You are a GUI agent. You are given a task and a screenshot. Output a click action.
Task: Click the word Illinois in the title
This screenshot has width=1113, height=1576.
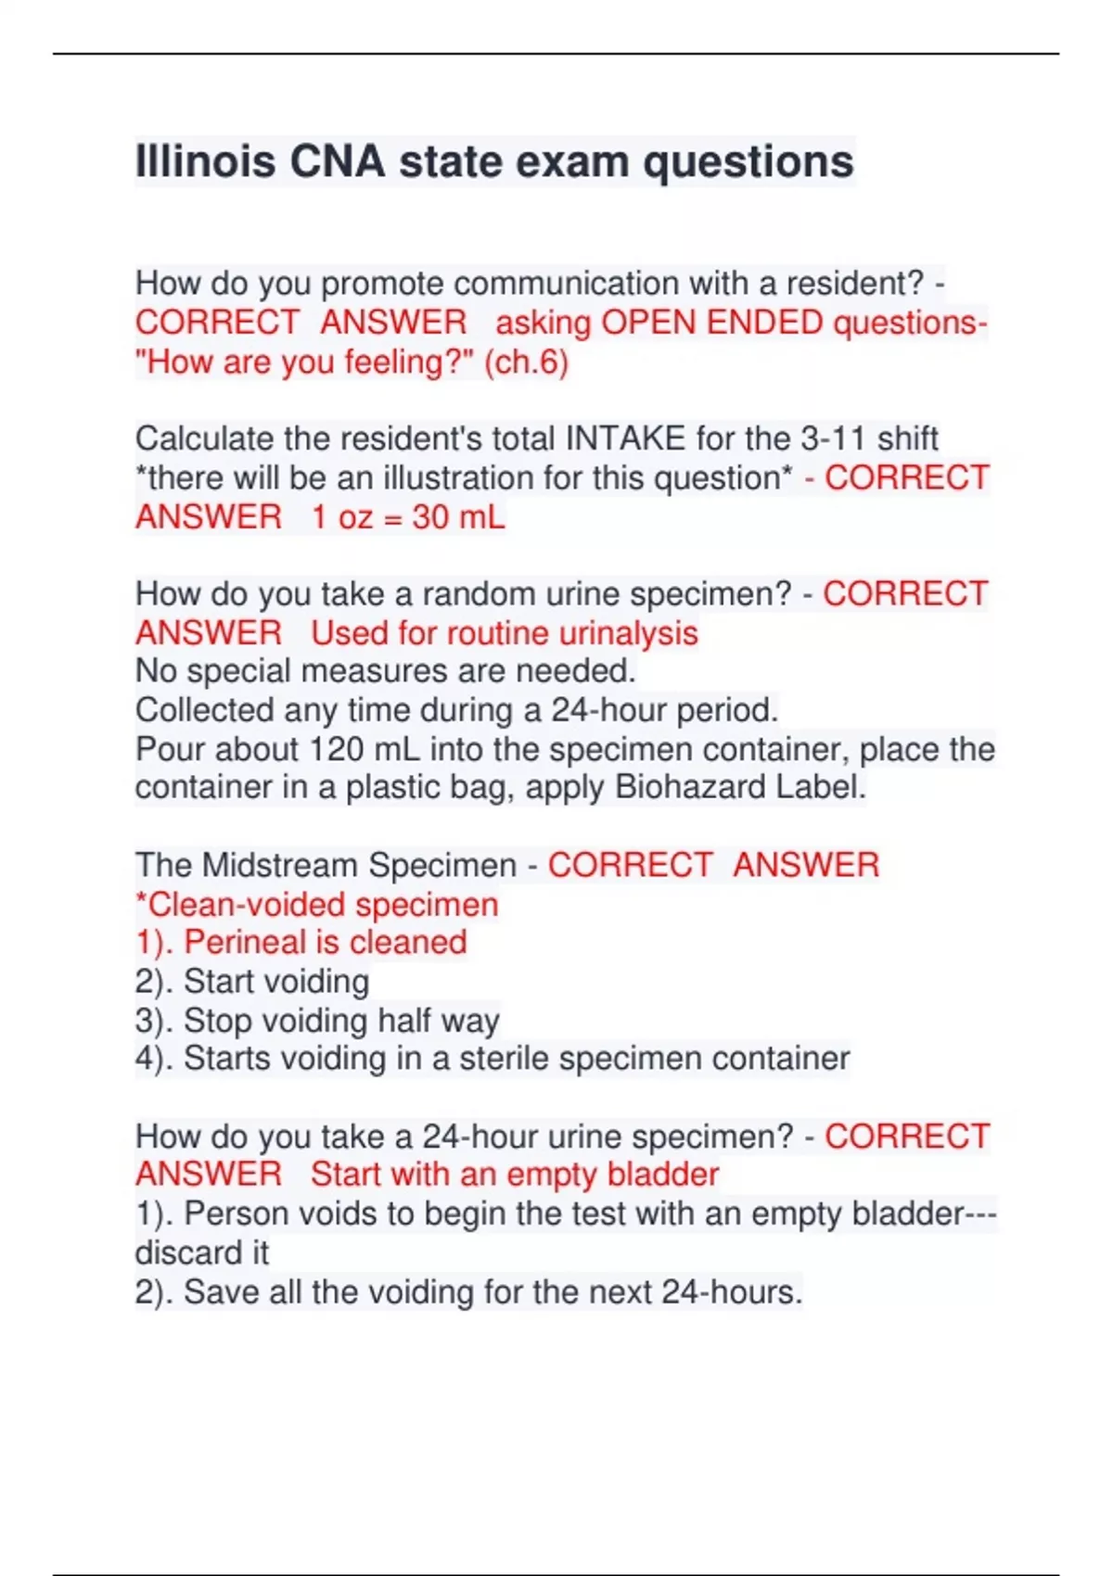tap(205, 161)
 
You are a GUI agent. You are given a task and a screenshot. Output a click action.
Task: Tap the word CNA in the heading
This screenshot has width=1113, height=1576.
tap(337, 161)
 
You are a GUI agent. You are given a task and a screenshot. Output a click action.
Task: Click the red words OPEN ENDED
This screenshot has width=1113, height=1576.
tap(711, 323)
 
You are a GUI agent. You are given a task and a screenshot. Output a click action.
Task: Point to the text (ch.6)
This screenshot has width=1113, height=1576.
tap(526, 362)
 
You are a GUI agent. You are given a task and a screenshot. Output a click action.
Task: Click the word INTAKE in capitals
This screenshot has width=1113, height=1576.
tap(626, 438)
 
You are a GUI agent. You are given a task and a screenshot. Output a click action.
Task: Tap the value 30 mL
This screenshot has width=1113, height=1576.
tap(458, 516)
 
